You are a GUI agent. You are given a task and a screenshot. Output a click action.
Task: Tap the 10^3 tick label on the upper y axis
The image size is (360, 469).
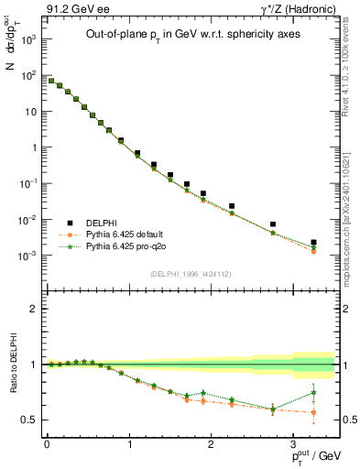[x=29, y=40]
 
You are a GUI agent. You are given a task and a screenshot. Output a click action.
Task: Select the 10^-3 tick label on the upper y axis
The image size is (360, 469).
[x=29, y=256]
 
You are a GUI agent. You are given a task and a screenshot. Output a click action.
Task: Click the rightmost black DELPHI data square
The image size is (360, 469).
[x=313, y=243]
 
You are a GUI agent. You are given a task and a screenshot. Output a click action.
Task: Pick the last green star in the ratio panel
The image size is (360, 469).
[x=313, y=393]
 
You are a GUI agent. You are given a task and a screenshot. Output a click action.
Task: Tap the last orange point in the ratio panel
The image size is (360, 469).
[x=313, y=412]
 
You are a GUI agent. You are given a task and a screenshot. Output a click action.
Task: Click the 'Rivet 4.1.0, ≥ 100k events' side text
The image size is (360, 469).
[x=341, y=64]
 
